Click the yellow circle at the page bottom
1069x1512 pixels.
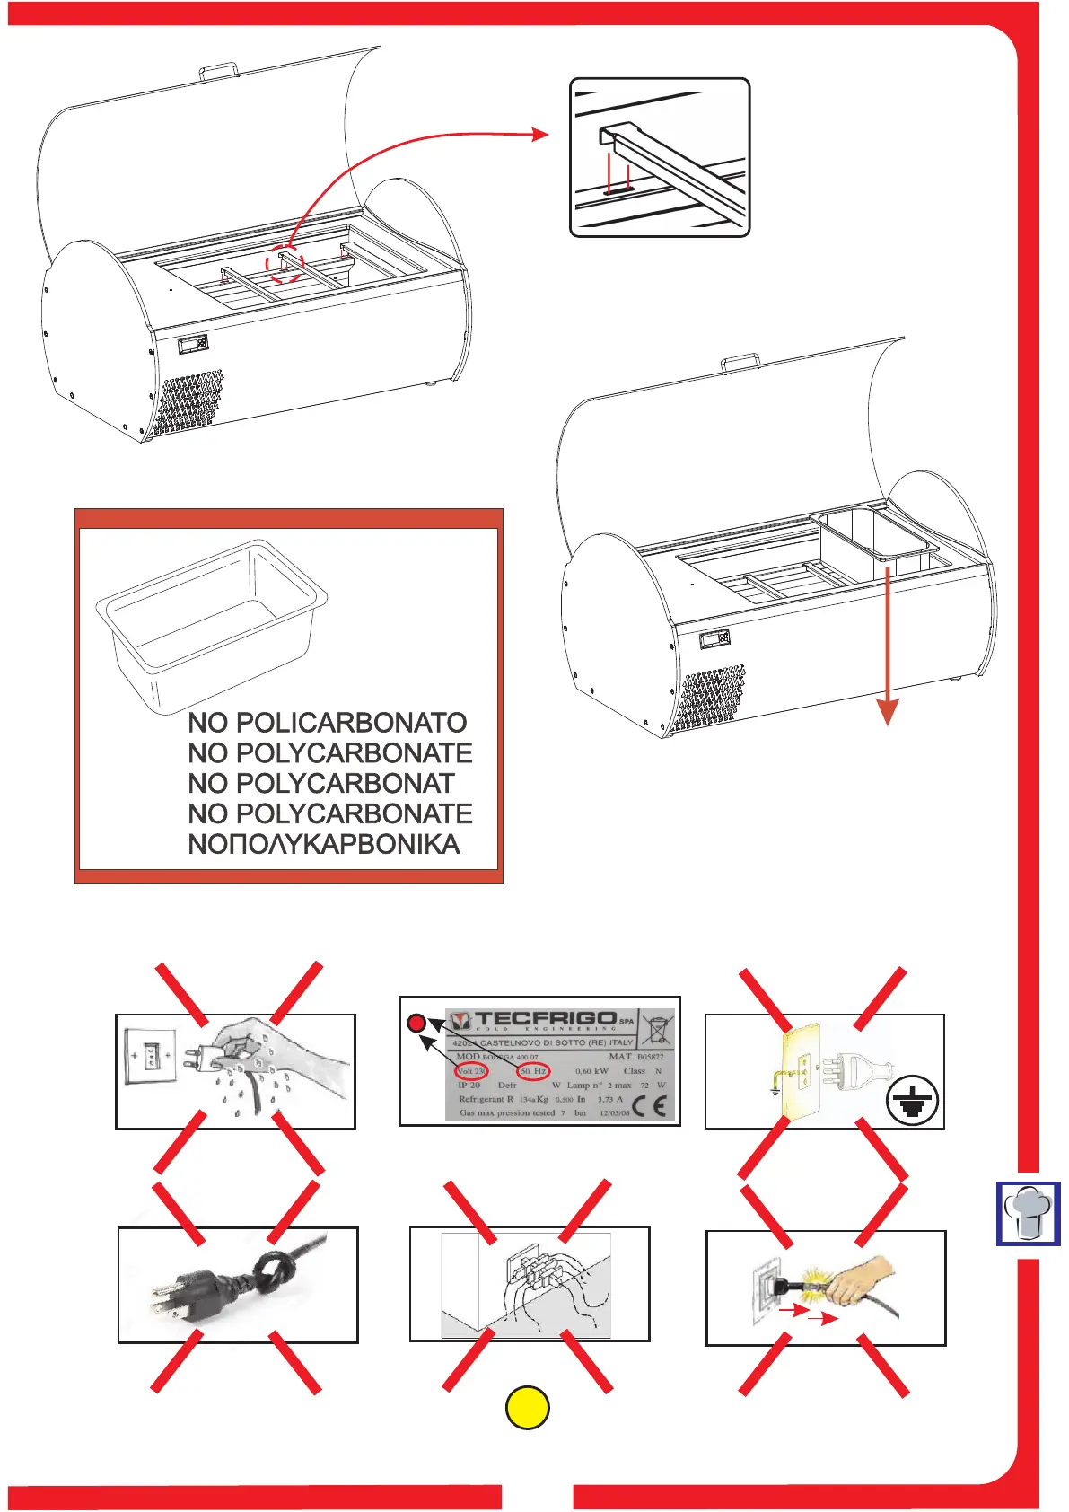tap(529, 1408)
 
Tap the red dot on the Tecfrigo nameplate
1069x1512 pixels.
tap(416, 1023)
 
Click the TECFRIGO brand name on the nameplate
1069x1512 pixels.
tap(545, 1020)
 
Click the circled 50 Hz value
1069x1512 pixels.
tap(533, 1071)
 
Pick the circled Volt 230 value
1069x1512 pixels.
tap(471, 1071)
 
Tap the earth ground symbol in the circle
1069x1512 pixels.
tap(913, 1100)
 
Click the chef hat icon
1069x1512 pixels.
tap(1029, 1213)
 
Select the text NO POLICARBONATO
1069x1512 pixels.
tap(328, 723)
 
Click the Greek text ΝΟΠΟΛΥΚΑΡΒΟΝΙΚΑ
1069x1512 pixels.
tap(324, 845)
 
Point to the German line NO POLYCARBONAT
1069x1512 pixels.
tap(321, 784)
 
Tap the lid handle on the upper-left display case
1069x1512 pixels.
tap(218, 68)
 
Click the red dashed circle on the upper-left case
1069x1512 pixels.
tap(285, 263)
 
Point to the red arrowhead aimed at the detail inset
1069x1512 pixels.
tap(540, 134)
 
